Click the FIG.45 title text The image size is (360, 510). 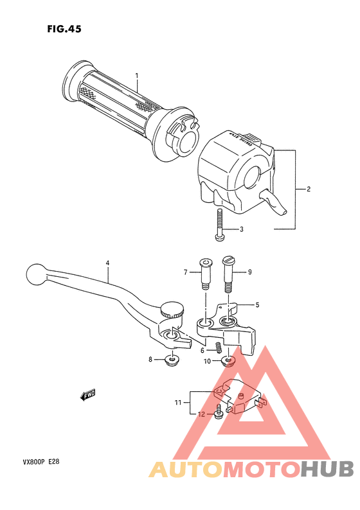[x=64, y=29]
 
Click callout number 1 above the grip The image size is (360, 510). [x=136, y=76]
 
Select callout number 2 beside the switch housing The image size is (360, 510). [x=309, y=189]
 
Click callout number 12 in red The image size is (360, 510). [x=201, y=415]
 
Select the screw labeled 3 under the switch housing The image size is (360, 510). [x=220, y=226]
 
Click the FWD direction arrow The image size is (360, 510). [x=88, y=395]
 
